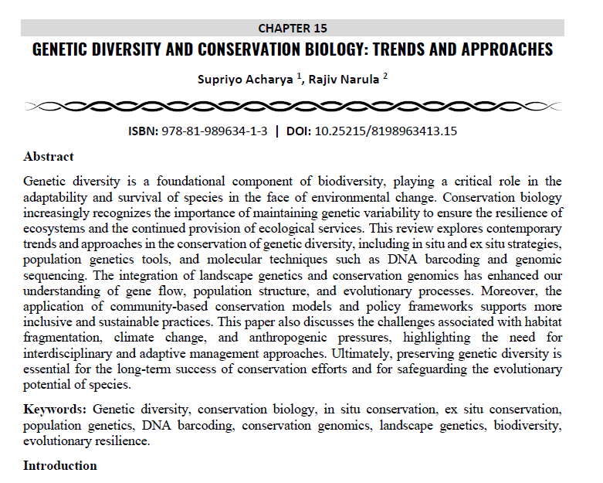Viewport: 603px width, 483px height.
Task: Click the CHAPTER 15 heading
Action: click(292, 29)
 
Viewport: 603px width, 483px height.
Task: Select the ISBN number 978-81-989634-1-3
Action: click(215, 131)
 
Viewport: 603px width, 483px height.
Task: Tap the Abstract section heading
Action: click(49, 157)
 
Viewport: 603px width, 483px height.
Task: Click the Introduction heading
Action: click(60, 465)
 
